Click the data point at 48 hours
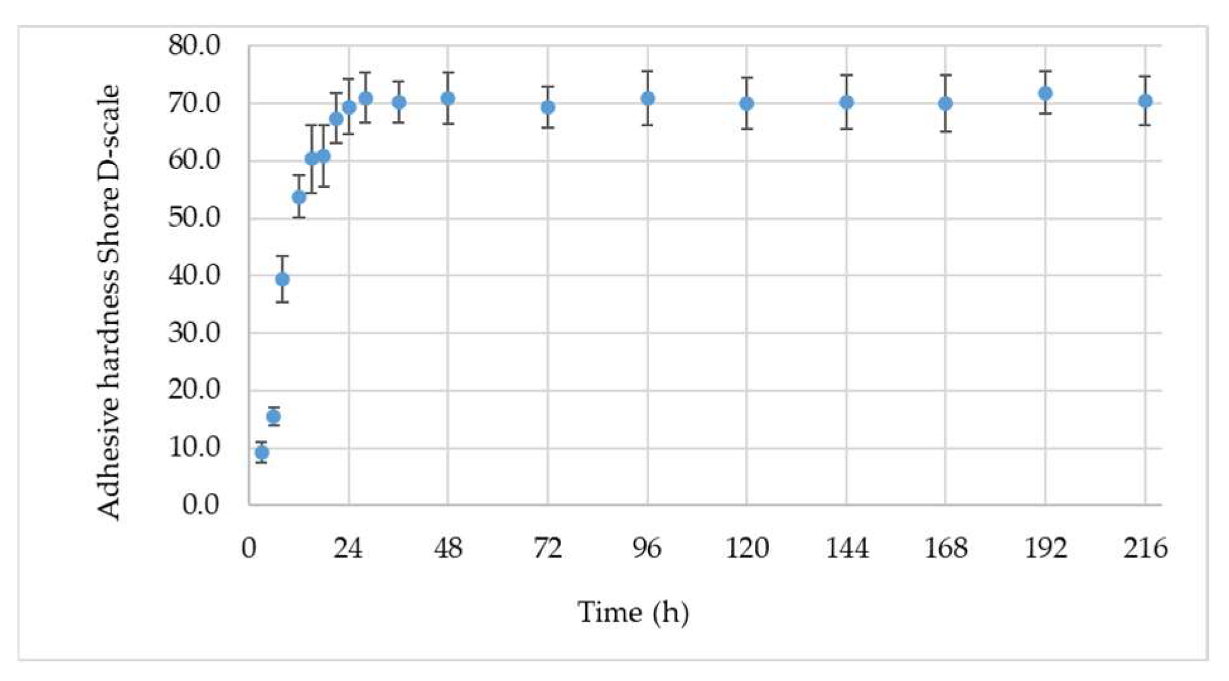click(448, 98)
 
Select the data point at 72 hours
click(548, 107)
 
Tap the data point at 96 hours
click(647, 98)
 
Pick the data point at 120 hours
click(747, 103)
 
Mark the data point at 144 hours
click(846, 102)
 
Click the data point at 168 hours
click(945, 103)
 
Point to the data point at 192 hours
click(1046, 93)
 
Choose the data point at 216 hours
click(1145, 101)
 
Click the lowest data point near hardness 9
click(262, 453)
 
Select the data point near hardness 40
click(282, 279)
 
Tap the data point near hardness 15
click(274, 417)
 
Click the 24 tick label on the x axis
click(348, 549)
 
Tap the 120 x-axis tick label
click(747, 549)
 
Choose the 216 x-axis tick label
click(1145, 549)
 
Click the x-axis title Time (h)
click(633, 612)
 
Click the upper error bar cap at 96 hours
click(647, 71)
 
